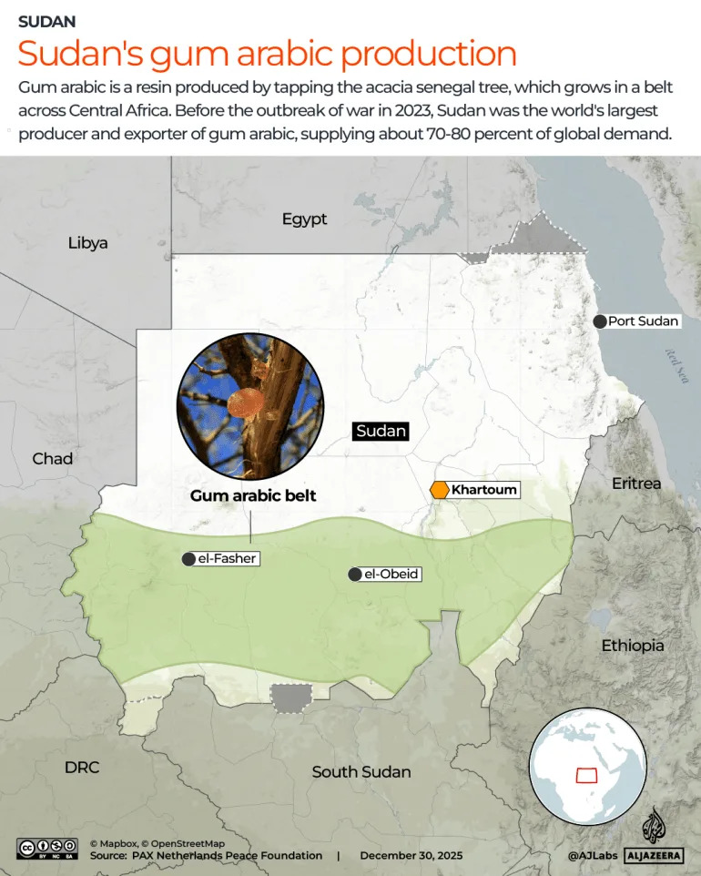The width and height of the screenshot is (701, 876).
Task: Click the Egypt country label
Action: click(304, 219)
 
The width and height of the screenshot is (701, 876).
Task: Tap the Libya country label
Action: click(88, 243)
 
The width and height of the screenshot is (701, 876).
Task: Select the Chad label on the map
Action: click(52, 459)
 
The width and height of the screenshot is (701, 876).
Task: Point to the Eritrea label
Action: click(636, 483)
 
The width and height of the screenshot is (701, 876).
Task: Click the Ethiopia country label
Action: click(633, 646)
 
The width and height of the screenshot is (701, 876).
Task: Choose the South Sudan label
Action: click(361, 772)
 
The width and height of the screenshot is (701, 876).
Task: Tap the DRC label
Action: click(82, 768)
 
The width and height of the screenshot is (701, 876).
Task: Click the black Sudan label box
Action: click(381, 431)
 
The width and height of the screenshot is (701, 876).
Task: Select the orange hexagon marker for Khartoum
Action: click(440, 490)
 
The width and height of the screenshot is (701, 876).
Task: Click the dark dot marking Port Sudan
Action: click(599, 321)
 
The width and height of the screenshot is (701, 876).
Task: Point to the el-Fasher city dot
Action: click(188, 559)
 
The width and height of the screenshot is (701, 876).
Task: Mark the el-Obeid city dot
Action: click(354, 575)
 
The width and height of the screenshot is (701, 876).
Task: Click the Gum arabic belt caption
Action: click(252, 496)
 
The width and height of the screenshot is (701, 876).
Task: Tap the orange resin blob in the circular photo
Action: click(243, 404)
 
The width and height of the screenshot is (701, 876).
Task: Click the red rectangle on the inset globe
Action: click(584, 775)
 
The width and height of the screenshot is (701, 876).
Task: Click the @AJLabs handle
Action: click(592, 856)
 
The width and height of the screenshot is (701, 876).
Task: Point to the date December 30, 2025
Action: click(411, 856)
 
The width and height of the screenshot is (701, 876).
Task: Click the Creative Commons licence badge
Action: click(47, 849)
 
